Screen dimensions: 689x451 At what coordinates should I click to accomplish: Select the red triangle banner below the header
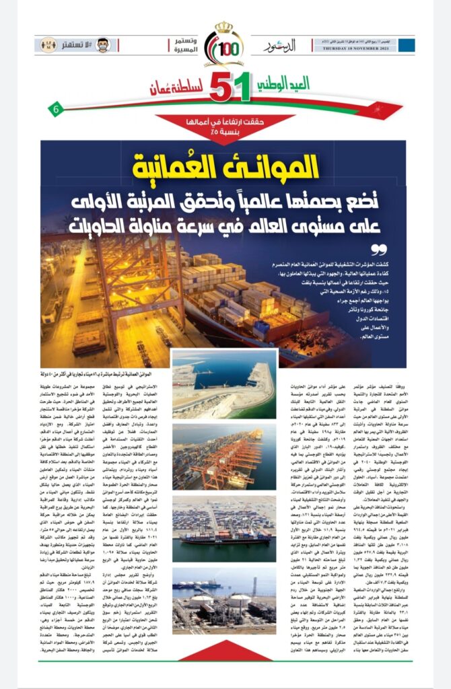[x=225, y=125]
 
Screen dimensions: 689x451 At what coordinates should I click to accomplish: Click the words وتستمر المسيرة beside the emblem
[x=186, y=45]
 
